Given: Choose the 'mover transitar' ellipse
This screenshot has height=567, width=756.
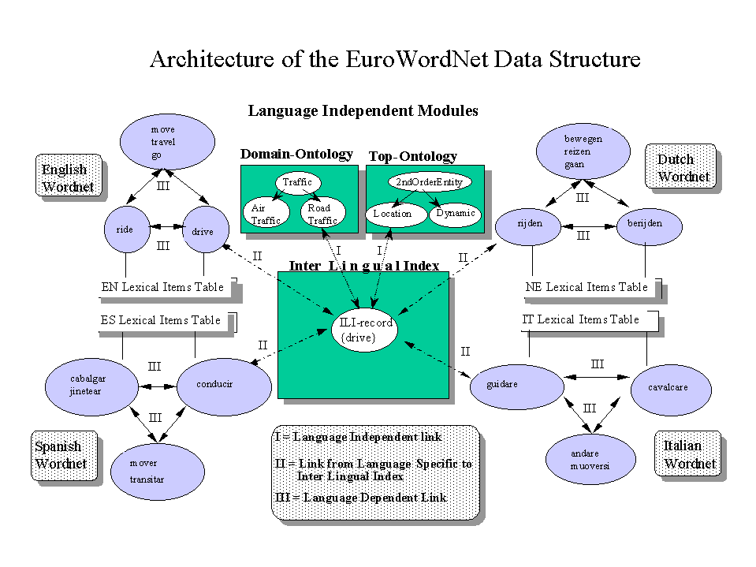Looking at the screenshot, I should tap(157, 470).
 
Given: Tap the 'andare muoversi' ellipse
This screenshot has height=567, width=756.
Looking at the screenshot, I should tap(590, 459).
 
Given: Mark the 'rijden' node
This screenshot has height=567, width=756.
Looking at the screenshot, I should tap(531, 225).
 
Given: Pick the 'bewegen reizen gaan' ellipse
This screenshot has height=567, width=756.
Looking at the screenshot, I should tap(583, 151).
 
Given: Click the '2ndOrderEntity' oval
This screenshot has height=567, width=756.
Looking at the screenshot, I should tap(429, 182).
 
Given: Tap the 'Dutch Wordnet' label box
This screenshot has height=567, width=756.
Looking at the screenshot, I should tap(679, 168).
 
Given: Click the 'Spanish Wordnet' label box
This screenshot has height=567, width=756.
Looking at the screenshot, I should tap(64, 455).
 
